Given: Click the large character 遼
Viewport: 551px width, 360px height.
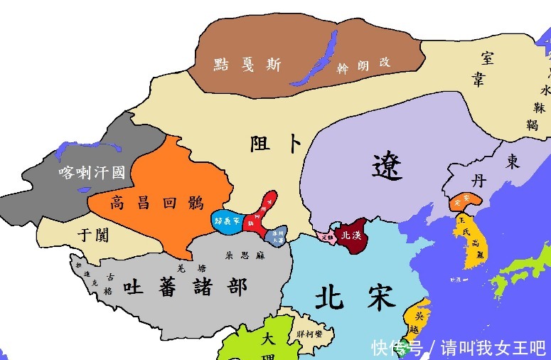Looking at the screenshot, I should [387, 166].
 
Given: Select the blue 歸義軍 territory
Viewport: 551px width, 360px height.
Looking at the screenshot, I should [228, 221].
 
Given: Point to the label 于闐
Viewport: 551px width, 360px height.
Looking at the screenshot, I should [93, 235].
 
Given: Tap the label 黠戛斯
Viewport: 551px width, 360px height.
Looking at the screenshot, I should [246, 65].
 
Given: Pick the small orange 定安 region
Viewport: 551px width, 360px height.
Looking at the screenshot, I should [460, 201].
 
